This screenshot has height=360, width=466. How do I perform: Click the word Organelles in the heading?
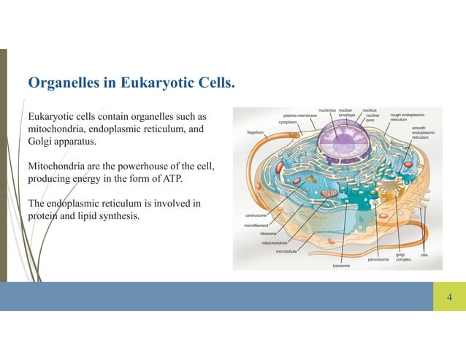point(61,85)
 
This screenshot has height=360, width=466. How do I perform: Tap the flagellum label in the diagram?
point(256,133)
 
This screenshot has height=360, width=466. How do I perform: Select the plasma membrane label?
point(300,115)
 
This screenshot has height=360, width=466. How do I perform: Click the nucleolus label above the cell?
point(327,110)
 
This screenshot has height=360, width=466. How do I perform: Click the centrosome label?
point(255,216)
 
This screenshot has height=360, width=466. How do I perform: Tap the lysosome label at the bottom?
point(341,266)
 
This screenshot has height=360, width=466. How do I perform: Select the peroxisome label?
point(378,259)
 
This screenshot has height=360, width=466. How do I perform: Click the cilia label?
point(424,255)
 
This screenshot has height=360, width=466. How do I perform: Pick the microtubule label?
point(286,250)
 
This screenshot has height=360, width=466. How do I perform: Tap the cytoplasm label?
point(288,122)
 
